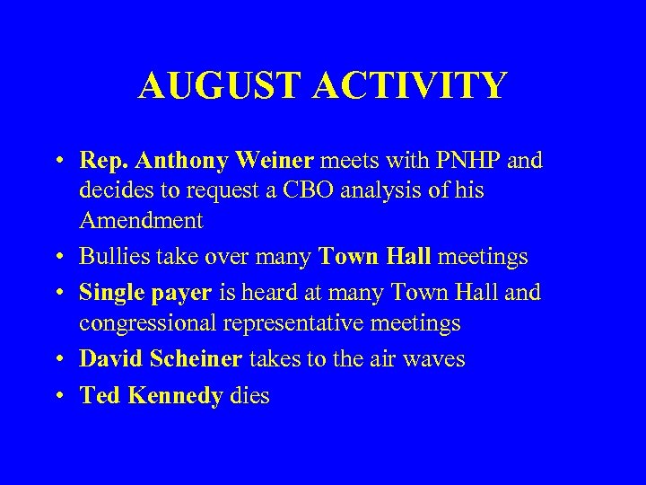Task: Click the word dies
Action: click(x=249, y=396)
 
